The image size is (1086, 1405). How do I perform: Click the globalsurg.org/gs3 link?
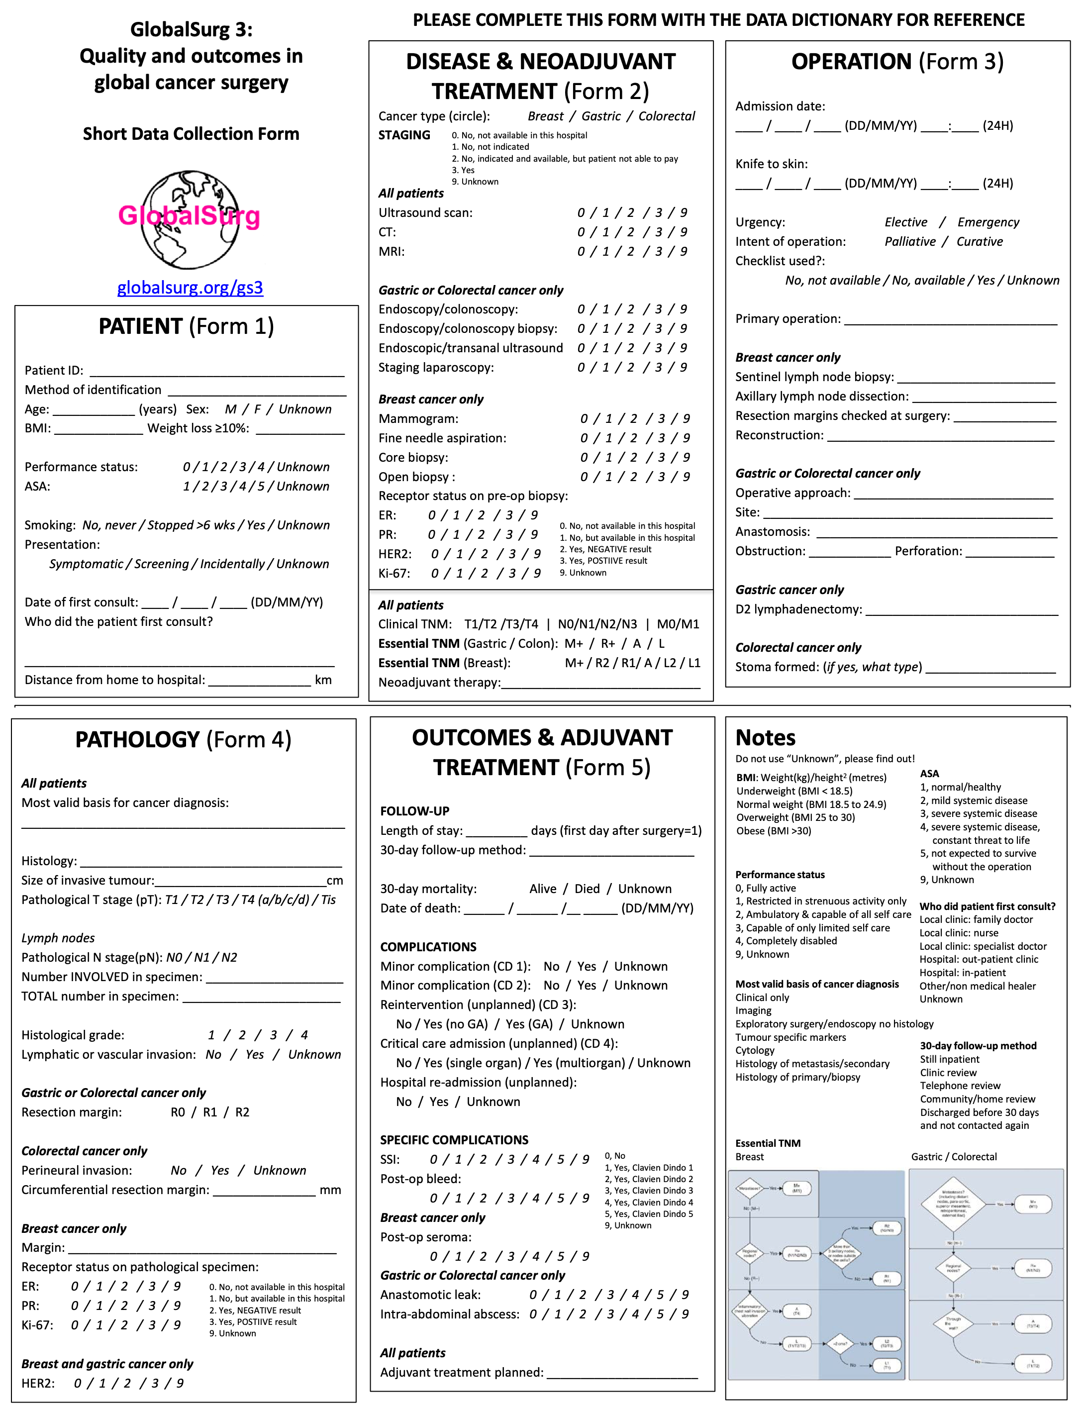pos(190,288)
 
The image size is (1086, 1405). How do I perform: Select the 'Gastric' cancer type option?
pos(601,116)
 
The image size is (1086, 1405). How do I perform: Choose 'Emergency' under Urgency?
pos(988,222)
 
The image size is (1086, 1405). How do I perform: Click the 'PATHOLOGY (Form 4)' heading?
pos(184,740)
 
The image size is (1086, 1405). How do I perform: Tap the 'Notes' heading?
pos(765,738)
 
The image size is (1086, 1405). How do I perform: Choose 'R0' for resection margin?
pos(178,1112)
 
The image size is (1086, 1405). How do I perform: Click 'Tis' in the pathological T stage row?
pos(328,900)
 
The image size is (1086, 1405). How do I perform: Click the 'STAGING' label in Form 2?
pos(404,135)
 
